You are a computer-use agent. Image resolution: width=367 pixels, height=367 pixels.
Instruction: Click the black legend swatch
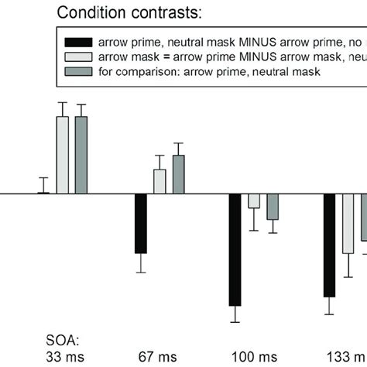point(75,43)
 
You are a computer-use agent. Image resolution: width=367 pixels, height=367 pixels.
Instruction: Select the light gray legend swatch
point(75,58)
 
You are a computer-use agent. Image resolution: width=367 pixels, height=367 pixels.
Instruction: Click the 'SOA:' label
point(58,338)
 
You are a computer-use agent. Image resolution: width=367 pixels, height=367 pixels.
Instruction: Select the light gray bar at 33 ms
point(62,154)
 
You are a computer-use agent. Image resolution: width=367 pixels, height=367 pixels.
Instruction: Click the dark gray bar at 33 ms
point(81,154)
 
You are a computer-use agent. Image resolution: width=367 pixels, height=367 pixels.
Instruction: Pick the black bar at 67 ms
point(140,223)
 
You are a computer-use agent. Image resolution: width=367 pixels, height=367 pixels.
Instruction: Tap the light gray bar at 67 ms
point(159,181)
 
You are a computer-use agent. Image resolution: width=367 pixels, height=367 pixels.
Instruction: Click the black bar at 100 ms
point(235,249)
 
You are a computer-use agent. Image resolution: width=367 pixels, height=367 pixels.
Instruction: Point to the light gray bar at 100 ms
point(254,201)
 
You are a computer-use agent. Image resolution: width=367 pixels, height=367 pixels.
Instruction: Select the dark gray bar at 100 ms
point(273,207)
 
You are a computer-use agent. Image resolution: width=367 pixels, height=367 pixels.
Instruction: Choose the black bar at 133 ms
point(330,245)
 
